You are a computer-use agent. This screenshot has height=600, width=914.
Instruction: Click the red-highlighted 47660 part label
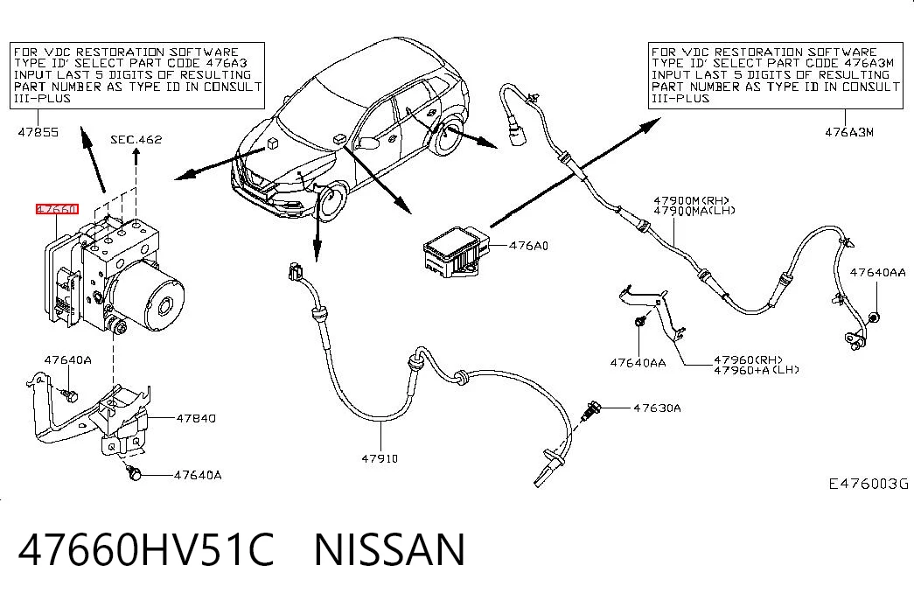point(57,209)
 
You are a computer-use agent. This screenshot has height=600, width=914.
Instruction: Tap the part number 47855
point(38,132)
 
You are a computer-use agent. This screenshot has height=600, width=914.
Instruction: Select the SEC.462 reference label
point(136,139)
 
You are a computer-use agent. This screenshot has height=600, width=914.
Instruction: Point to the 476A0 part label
point(528,246)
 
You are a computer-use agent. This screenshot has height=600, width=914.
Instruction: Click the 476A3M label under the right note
point(849,132)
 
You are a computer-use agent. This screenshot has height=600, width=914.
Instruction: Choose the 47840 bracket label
point(196,418)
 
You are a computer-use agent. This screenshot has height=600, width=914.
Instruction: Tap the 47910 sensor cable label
point(380,458)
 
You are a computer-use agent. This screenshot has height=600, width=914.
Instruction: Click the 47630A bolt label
point(657,408)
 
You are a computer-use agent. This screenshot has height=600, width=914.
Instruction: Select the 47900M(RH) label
point(691,201)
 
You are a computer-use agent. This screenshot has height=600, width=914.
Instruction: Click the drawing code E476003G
point(869,484)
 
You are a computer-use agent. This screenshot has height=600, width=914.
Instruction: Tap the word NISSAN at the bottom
point(390,549)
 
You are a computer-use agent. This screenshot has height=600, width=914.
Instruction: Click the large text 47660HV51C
point(146,549)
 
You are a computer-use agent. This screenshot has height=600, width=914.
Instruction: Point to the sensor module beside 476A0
point(456,251)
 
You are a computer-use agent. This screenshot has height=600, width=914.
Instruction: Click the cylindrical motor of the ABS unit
point(150,297)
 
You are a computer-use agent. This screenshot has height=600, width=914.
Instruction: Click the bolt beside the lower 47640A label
point(135,473)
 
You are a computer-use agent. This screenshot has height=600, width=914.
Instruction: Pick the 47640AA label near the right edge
point(878,272)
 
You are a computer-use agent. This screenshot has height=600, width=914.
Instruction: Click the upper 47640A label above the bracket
point(68,359)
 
